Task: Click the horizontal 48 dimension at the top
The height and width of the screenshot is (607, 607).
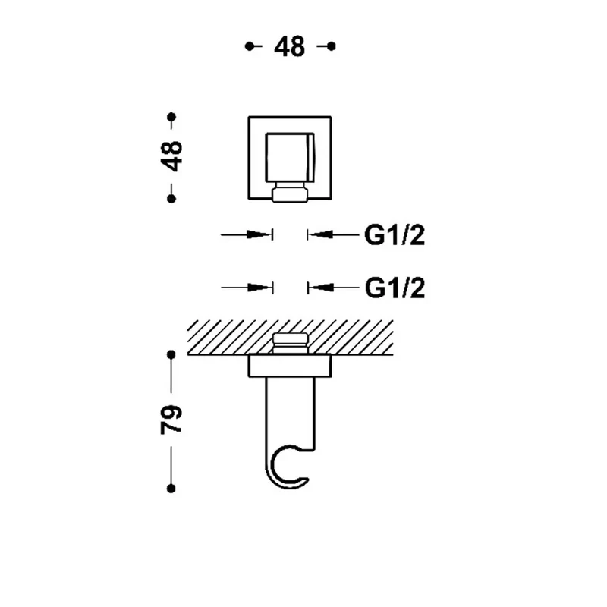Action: (x=290, y=46)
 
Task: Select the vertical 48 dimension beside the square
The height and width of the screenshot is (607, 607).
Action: (x=171, y=156)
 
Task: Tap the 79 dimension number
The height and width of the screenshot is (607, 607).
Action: (x=171, y=420)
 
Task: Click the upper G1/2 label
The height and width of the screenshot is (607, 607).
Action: (x=395, y=235)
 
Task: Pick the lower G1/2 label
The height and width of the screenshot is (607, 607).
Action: (x=395, y=288)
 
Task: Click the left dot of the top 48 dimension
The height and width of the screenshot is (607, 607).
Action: (x=250, y=46)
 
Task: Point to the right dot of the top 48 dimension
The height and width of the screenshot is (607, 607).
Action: (x=331, y=46)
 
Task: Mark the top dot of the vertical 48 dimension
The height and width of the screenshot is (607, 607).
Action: (x=171, y=117)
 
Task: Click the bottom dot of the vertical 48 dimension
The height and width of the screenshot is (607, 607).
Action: (x=171, y=199)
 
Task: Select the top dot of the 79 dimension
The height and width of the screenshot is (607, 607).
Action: (x=171, y=354)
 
